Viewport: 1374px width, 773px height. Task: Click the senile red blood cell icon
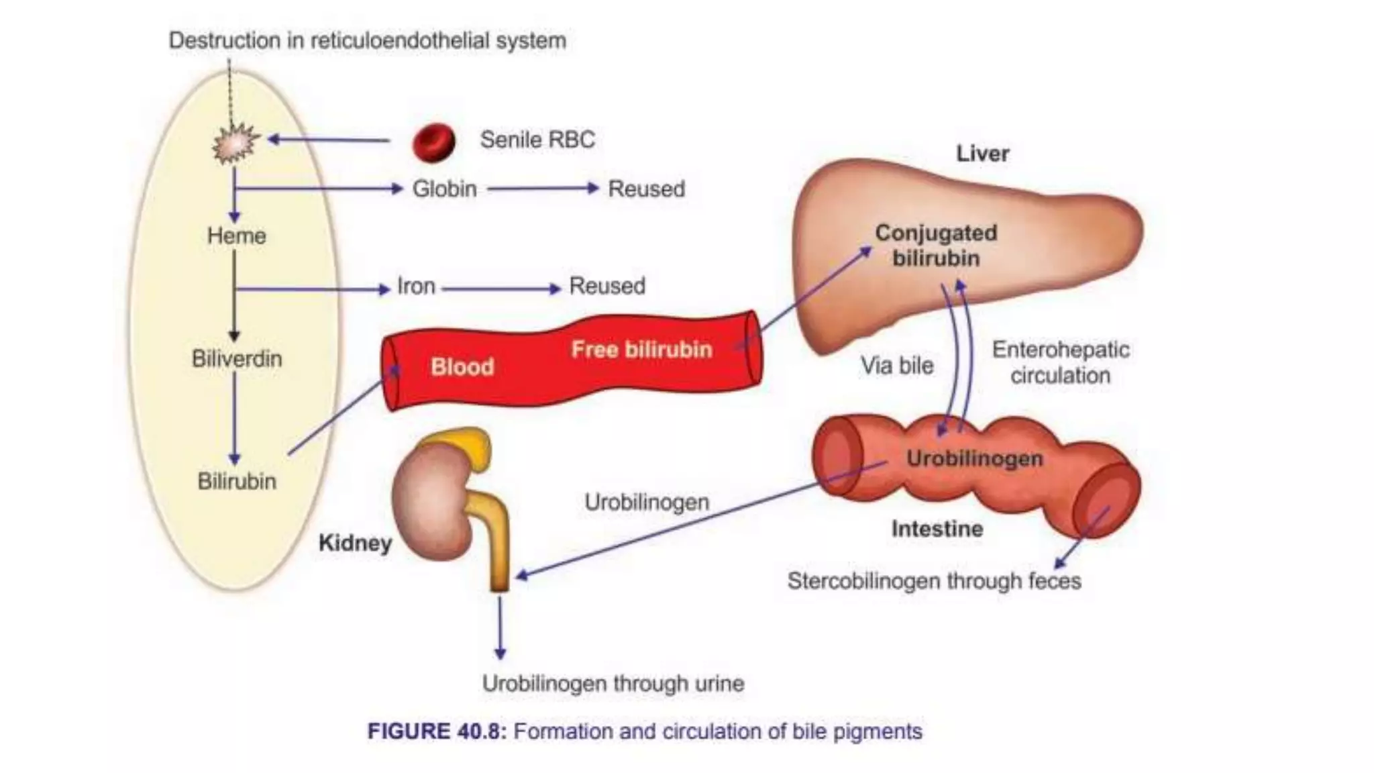tap(433, 142)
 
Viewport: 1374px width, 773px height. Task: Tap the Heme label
tap(236, 236)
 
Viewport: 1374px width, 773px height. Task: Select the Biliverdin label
tap(237, 359)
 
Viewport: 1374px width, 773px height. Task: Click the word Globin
tap(444, 189)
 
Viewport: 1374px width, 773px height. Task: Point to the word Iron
tap(416, 287)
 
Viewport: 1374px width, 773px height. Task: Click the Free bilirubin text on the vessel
tap(641, 350)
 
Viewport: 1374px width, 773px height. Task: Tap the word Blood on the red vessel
tap(462, 367)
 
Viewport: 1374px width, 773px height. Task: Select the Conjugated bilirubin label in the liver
tap(936, 246)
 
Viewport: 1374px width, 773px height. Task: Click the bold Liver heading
tap(982, 154)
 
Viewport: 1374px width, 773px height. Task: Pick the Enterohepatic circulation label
tap(1061, 362)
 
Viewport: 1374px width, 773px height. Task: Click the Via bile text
tap(897, 366)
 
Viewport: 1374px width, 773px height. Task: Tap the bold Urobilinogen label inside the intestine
tap(974, 459)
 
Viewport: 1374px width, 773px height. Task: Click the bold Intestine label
tap(937, 529)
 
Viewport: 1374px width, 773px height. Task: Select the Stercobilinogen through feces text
tap(934, 581)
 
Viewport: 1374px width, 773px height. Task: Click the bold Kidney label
tap(355, 543)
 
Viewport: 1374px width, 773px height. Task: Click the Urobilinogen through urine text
tap(613, 684)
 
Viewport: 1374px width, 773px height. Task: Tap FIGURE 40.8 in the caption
tap(436, 731)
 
